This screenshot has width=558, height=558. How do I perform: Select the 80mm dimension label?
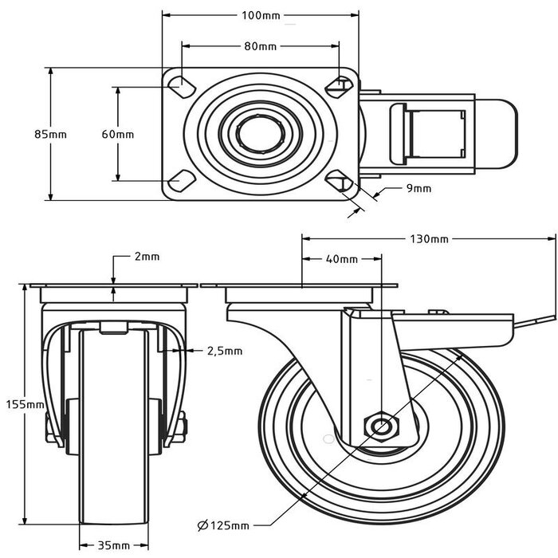click(x=260, y=46)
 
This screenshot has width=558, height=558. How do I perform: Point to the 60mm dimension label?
click(x=118, y=134)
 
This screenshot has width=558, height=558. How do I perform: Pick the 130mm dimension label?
click(x=430, y=238)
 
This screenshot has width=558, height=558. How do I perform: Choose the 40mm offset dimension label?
click(x=342, y=259)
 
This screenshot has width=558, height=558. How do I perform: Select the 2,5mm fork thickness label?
click(x=225, y=350)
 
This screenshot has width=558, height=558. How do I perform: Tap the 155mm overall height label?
click(x=29, y=405)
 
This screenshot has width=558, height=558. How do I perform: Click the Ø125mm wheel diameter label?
click(x=223, y=525)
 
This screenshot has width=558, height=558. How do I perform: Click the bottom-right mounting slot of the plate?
click(x=343, y=182)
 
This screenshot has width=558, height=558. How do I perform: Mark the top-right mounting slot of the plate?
click(x=342, y=84)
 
